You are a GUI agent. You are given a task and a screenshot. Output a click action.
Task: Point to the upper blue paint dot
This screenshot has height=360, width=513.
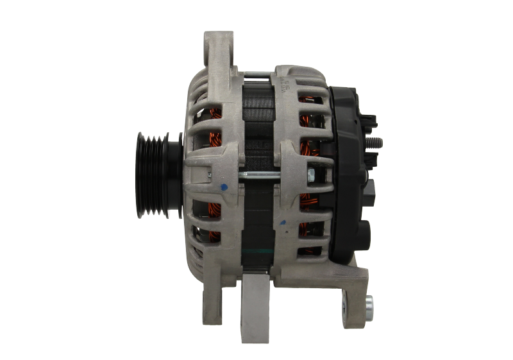(x=223, y=188)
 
